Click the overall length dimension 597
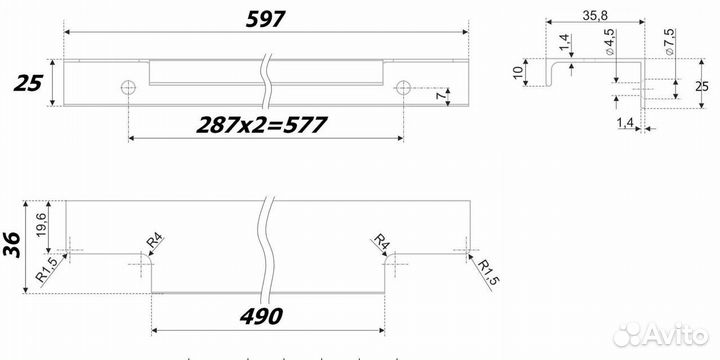(266, 19)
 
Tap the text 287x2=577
(262, 125)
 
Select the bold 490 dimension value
(261, 316)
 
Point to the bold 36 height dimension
(11, 244)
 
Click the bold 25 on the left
(28, 84)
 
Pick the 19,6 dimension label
(41, 224)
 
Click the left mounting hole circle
(128, 87)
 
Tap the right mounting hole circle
(403, 87)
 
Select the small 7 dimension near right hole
(441, 96)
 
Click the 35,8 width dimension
(595, 16)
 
